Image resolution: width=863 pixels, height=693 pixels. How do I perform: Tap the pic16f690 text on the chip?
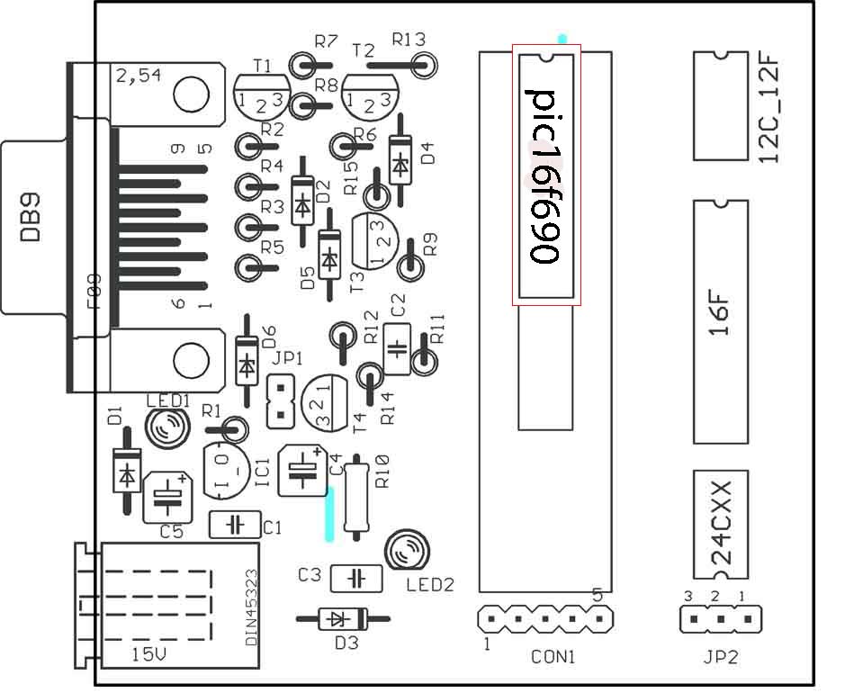pyautogui.click(x=545, y=175)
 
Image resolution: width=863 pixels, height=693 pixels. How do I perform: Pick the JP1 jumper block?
pyautogui.click(x=281, y=403)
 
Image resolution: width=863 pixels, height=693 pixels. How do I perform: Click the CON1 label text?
pyautogui.click(x=553, y=657)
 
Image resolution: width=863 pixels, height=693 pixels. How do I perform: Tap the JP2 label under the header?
pyautogui.click(x=720, y=657)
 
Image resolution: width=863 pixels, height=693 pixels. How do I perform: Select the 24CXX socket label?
pyautogui.click(x=721, y=522)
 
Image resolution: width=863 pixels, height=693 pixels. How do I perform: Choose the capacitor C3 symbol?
pyautogui.click(x=356, y=578)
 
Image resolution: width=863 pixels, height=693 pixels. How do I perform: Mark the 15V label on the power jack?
pyautogui.click(x=148, y=654)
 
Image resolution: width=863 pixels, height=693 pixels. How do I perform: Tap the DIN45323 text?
pyautogui.click(x=251, y=607)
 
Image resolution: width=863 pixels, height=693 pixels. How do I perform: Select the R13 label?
pyautogui.click(x=409, y=39)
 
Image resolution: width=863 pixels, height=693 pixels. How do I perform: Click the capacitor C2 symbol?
pyautogui.click(x=397, y=348)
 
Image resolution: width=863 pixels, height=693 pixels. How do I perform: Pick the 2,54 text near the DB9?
pyautogui.click(x=139, y=76)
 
